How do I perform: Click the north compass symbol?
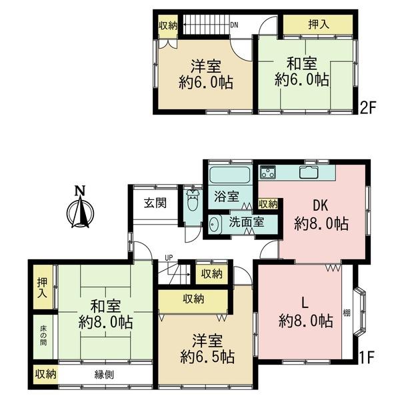coord(80,208)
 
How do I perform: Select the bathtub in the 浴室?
coord(229,175)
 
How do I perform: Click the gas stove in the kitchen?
coord(268,172)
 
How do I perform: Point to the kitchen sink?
coord(309,172)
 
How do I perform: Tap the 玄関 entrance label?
coord(155,203)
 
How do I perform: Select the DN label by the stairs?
coord(234,25)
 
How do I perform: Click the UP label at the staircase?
coord(169,257)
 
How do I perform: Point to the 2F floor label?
coord(368,107)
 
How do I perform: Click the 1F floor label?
coord(367,357)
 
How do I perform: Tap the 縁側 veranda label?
coord(104,375)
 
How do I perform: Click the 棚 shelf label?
coord(346,313)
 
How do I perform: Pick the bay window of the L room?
coord(360,312)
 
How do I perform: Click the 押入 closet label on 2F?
coord(319,25)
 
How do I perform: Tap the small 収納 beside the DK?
coord(267,204)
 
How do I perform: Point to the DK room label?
coord(321,205)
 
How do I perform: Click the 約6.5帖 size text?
coord(207,357)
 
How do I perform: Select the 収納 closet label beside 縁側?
coord(45,374)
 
